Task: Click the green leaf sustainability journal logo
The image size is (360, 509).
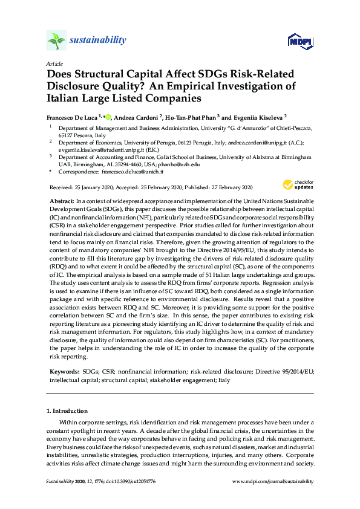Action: click(x=56, y=41)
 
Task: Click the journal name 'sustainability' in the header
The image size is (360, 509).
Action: click(x=98, y=41)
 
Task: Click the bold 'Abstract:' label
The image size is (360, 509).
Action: click(x=61, y=199)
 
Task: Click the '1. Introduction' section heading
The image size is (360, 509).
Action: click(x=67, y=411)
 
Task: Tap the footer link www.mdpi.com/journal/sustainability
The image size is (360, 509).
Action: click(x=273, y=481)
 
